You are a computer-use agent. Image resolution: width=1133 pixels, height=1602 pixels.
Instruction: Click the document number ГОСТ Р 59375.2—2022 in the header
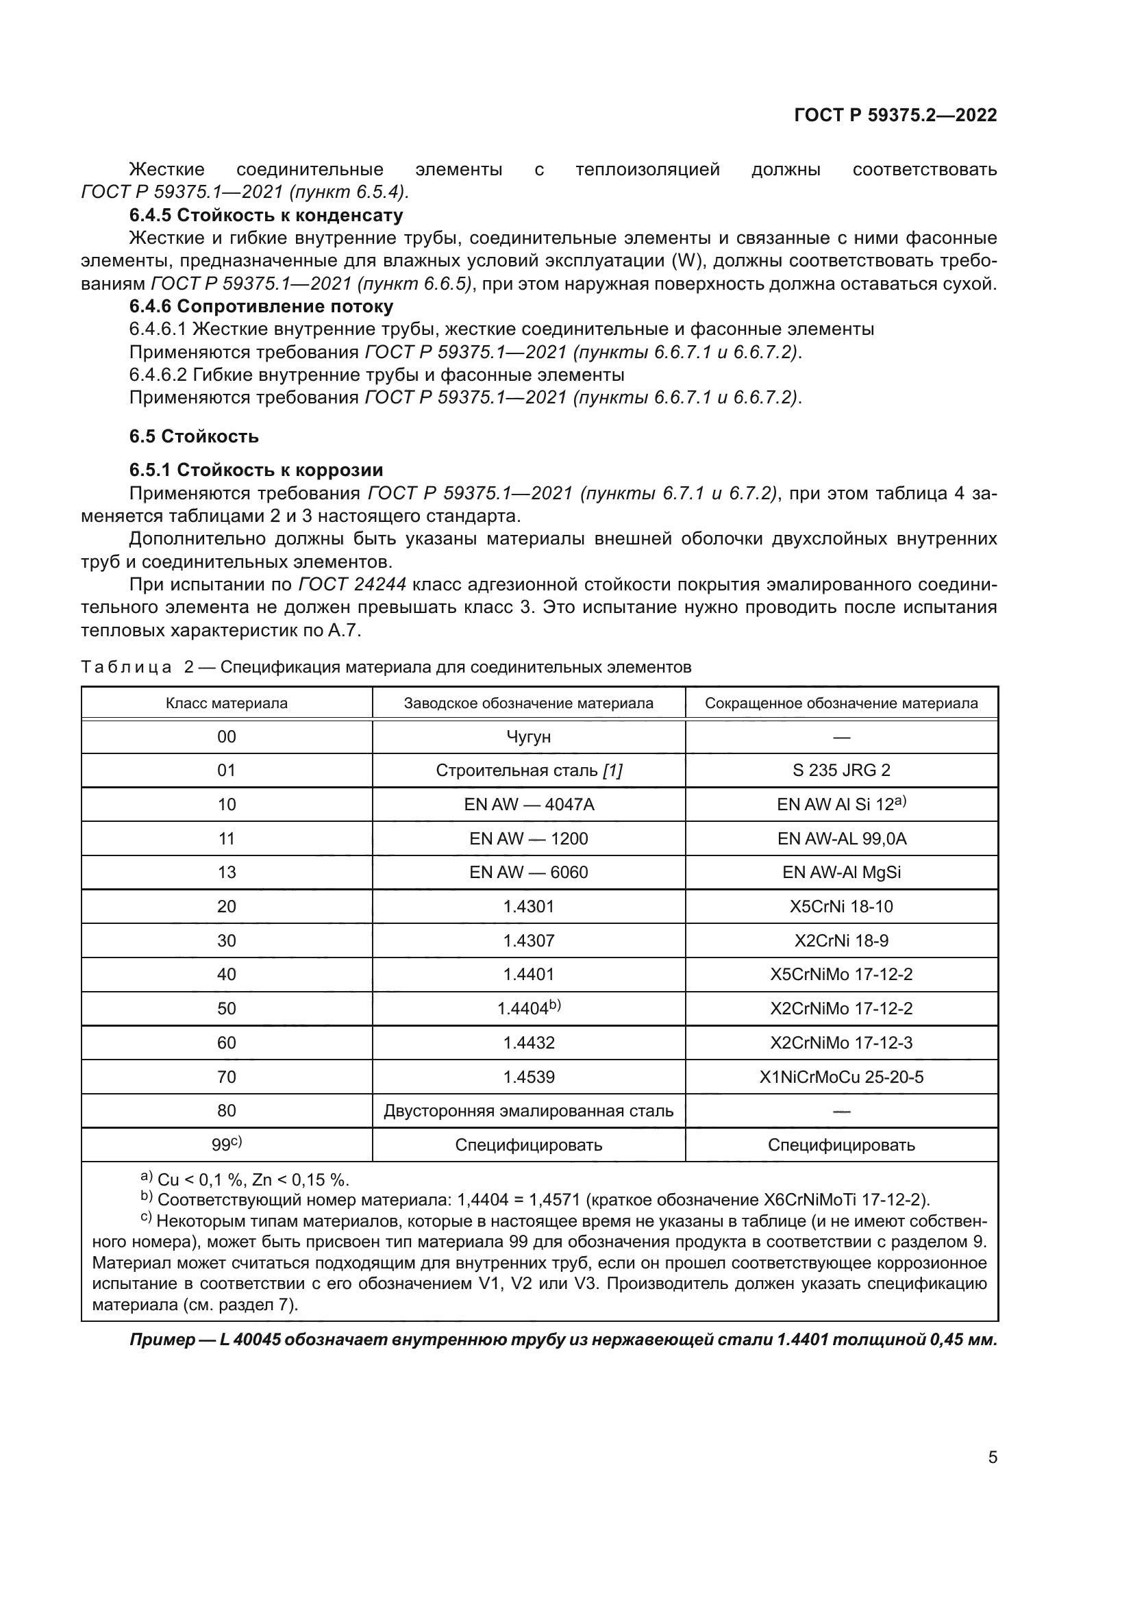click(895, 115)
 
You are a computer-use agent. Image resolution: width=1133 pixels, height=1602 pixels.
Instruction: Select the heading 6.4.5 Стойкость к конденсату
click(266, 215)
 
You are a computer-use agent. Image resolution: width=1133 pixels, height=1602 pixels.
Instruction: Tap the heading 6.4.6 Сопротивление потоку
click(261, 306)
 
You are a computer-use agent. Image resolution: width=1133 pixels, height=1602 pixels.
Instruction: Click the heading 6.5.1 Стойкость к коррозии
click(256, 470)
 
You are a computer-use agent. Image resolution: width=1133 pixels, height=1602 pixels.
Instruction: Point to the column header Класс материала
click(227, 703)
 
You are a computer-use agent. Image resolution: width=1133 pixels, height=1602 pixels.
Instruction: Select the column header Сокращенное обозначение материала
click(841, 703)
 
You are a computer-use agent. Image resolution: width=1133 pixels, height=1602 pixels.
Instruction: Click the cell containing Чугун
click(528, 737)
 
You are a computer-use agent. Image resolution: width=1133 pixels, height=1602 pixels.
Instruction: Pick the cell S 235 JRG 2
click(841, 771)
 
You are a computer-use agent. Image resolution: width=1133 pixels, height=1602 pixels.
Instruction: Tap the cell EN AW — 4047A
click(528, 805)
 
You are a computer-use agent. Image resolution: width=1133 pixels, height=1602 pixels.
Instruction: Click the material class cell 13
click(227, 872)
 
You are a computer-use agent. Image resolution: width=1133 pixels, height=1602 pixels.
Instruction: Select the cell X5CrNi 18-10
click(841, 906)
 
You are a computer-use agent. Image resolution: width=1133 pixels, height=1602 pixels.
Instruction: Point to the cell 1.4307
click(528, 940)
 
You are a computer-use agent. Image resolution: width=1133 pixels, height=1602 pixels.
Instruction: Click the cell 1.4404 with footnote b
click(528, 1008)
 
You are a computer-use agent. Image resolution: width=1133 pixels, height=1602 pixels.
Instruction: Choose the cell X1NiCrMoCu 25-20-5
click(841, 1077)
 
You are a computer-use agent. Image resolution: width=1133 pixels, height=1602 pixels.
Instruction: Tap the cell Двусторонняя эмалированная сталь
click(528, 1111)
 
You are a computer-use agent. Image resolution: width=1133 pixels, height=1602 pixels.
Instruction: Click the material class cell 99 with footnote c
click(227, 1144)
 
